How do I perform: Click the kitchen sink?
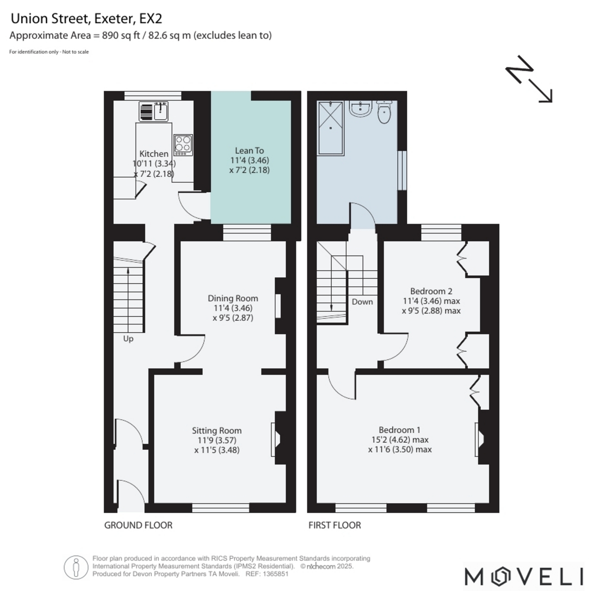153,111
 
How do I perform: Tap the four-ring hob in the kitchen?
183,145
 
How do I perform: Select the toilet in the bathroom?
384,112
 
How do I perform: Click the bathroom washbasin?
361,109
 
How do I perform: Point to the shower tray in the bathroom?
330,128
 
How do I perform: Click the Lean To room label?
249,151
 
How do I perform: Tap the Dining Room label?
233,298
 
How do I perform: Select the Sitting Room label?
217,430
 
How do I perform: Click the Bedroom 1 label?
399,429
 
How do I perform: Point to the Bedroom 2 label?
431,291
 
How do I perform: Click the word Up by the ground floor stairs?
128,339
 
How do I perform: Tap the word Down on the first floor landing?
362,302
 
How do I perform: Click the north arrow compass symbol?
529,79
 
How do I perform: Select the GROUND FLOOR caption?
138,525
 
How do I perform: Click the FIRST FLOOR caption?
334,525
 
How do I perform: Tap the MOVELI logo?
524,577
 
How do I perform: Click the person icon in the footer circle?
76,567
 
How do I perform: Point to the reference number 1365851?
275,574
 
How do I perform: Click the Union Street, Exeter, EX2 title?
86,19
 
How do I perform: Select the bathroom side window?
402,170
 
